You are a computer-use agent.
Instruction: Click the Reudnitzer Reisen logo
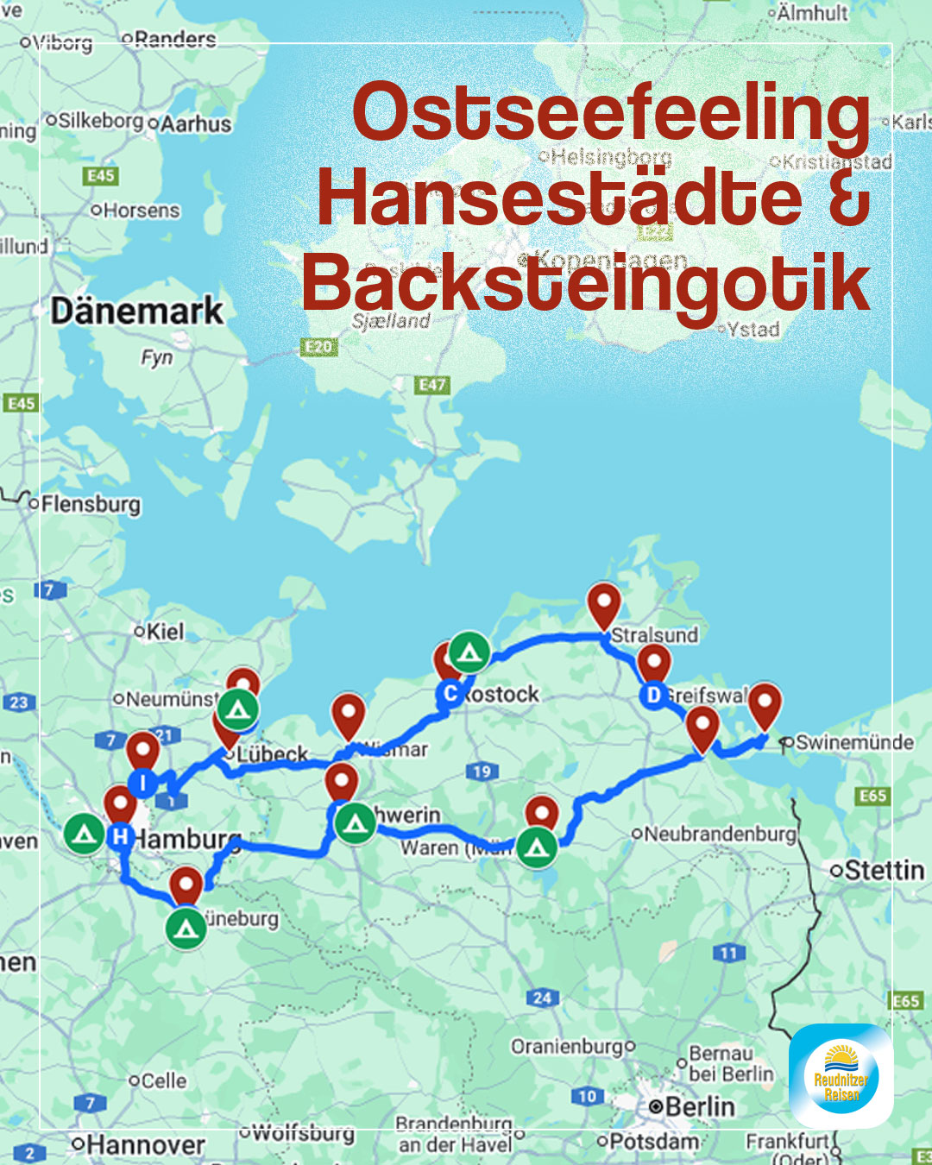pos(841,1076)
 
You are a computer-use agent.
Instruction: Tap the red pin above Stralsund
pos(603,603)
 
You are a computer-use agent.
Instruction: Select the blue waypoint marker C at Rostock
pos(450,693)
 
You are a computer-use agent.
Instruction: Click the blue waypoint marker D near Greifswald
pos(653,695)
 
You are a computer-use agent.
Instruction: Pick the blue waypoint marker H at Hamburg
pos(120,835)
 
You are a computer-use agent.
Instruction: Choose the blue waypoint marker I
pos(142,783)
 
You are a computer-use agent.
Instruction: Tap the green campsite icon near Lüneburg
pos(186,929)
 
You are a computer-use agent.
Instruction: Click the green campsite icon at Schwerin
pos(355,823)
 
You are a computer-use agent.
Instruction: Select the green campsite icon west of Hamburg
pos(84,834)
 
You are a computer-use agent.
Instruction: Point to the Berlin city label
pos(700,1106)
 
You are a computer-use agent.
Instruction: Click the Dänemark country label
pos(136,311)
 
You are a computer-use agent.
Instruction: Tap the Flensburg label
pos(90,504)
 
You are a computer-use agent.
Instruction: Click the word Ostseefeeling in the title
pos(611,113)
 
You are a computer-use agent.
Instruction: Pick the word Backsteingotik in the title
pos(585,284)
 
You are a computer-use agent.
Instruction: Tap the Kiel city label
pos(164,632)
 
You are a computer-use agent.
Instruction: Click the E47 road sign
pos(432,385)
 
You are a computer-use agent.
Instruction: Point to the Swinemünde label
pos(853,742)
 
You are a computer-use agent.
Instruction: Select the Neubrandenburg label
pos(720,834)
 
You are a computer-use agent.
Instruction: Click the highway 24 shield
pos(542,998)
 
